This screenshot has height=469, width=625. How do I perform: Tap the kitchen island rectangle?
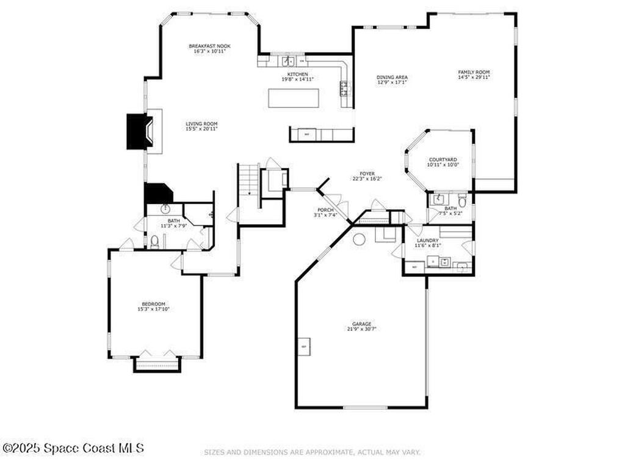pos(294,98)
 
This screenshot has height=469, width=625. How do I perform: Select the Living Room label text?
pos(201,123)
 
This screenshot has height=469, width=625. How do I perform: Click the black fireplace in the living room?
pos(138,131)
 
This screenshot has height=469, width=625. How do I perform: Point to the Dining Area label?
pos(392,78)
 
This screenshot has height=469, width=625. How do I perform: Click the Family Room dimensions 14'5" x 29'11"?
pos(474,78)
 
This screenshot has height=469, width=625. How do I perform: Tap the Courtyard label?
pos(443,160)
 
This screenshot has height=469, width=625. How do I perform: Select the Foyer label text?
pos(367,173)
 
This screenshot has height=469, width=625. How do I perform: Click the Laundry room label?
pos(427,241)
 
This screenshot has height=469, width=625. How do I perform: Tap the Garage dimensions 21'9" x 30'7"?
pos(361,329)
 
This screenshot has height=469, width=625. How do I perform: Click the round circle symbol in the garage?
pos(359,239)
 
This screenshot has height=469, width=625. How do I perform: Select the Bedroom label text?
pos(153,304)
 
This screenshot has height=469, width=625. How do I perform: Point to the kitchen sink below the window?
pos(288,61)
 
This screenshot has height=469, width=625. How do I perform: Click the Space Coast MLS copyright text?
pos(73,448)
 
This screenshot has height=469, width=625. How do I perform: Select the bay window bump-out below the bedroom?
pos(157,365)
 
